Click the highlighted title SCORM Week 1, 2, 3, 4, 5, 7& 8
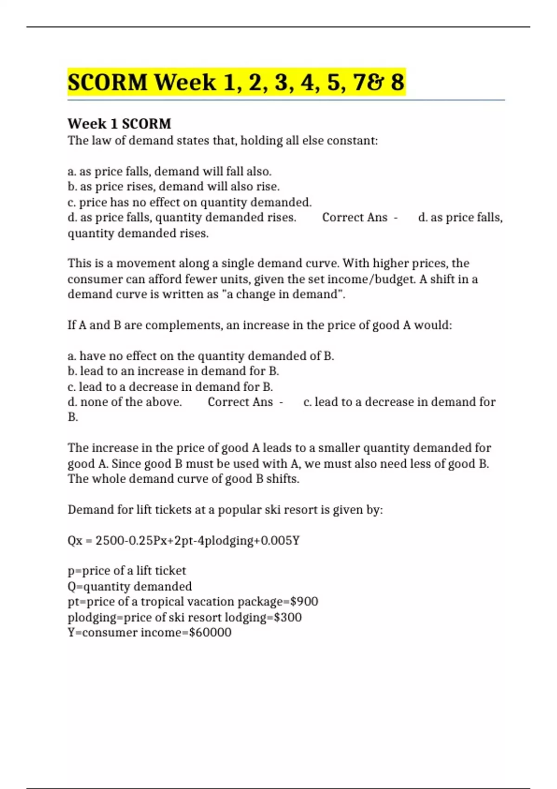coord(236,83)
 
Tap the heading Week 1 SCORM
coord(119,124)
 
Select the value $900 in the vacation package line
coord(304,601)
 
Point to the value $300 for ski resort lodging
coord(288,617)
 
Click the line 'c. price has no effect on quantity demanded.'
coord(189,202)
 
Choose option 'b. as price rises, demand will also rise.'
coord(174,187)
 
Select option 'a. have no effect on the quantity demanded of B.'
coord(201,356)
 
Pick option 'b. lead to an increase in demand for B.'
coord(173,371)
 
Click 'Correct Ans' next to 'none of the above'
coord(240,402)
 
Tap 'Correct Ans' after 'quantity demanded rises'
coord(355,218)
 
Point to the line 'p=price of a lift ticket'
coord(127,571)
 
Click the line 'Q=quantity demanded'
coord(130,587)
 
